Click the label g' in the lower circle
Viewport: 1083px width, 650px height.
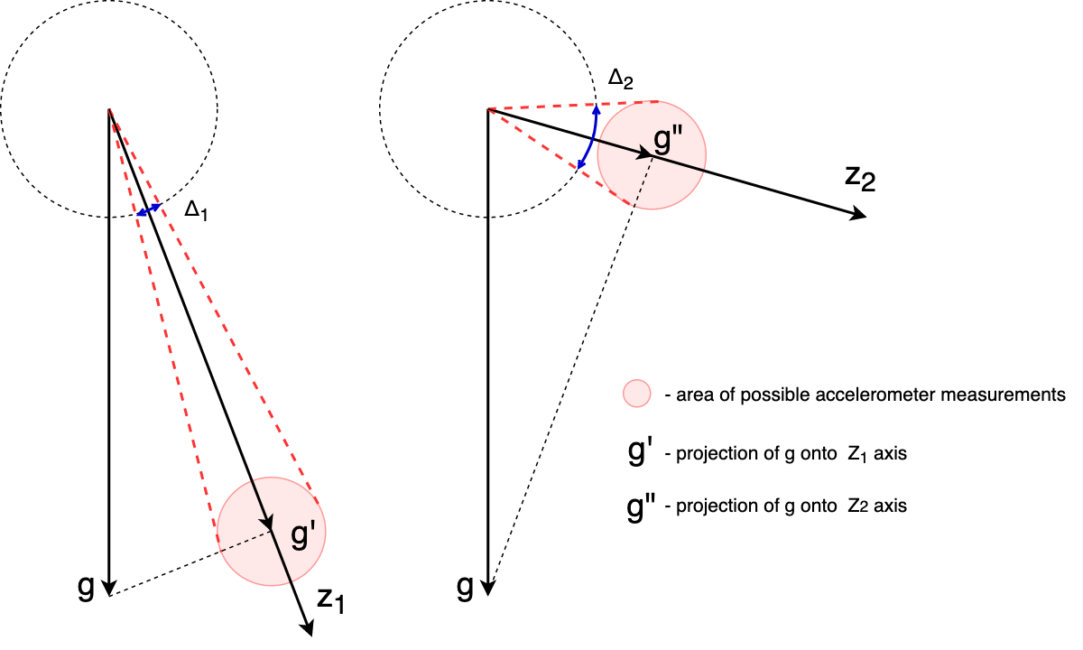point(302,534)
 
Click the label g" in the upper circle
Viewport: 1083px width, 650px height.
point(668,138)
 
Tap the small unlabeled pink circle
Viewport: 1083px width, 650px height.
point(637,394)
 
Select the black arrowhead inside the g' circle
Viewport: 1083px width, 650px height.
point(267,523)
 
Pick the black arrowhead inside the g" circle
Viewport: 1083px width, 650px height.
point(643,153)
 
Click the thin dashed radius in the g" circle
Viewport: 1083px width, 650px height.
point(643,182)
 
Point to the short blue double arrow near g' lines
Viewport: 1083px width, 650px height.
point(149,210)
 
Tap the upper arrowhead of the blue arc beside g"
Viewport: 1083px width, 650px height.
point(597,110)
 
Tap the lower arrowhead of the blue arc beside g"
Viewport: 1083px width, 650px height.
point(581,164)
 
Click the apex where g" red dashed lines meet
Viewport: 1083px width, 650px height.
point(487,109)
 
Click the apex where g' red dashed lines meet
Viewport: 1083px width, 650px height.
point(109,109)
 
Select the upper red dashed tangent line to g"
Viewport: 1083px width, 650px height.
point(569,106)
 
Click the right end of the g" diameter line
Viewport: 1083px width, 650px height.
point(704,170)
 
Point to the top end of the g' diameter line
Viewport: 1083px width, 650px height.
point(252,480)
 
